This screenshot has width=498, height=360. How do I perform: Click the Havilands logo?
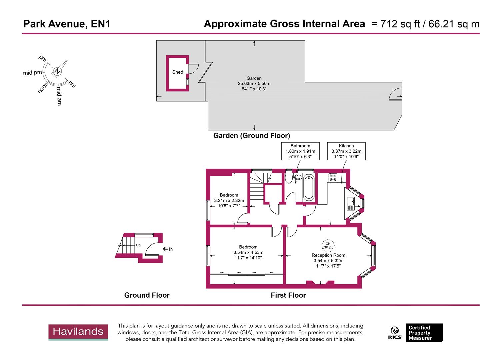tap(78, 332)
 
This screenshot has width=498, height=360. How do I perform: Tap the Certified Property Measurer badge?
tap(424, 333)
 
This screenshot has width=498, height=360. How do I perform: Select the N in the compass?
tap(57, 71)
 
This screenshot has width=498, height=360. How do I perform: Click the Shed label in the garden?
tap(178, 72)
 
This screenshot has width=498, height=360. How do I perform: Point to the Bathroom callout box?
tap(300, 151)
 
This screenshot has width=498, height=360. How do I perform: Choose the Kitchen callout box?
tap(346, 151)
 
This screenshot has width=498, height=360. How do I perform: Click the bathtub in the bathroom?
tap(308, 188)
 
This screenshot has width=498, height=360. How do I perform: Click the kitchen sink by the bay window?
tap(350, 203)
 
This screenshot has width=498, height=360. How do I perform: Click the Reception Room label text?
tap(328, 255)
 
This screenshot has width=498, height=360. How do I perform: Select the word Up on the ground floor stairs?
tap(138, 245)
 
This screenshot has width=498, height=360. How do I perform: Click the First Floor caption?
tap(288, 295)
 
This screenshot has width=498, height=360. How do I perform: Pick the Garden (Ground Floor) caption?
tap(252, 136)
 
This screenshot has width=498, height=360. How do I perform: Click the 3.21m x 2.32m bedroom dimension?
tap(229, 201)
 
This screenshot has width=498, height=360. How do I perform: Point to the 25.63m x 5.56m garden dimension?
tap(254, 84)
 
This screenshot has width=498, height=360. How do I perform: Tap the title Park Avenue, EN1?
tap(67, 24)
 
